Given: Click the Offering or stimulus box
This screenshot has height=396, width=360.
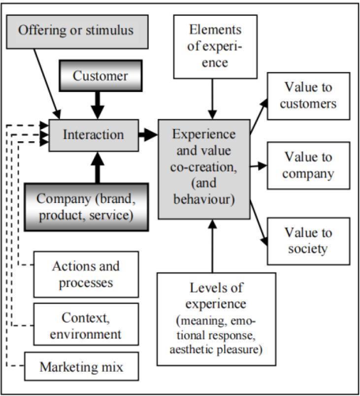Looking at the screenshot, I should coord(76,31).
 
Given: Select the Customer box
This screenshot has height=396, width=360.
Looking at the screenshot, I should coord(100,76).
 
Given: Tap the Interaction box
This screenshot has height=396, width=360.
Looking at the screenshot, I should coord(93,133).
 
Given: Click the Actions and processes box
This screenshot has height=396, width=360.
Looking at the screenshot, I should coord(86,274).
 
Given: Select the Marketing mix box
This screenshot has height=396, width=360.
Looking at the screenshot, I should coord(82,367).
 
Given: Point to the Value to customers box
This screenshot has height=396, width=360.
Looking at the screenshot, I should coord(308,96).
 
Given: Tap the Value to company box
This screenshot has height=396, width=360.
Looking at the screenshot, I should coord(308,165).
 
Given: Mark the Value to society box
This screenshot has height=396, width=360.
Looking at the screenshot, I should coord(308,241).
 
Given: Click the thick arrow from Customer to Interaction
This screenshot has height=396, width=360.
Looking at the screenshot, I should coord(100,104).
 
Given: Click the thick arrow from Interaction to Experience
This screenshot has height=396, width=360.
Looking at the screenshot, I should coord(148,133).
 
